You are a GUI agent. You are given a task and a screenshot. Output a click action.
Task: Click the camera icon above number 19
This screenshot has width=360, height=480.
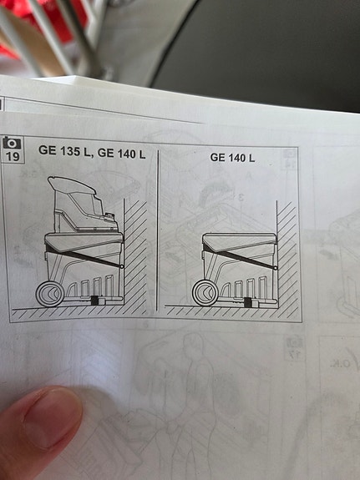point(13,143)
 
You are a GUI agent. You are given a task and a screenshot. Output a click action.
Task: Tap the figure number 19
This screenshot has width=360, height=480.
point(13,156)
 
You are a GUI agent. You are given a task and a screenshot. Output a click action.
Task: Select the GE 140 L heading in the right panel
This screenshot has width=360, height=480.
point(232,158)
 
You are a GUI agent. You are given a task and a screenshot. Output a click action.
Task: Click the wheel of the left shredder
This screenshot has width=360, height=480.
point(50,294)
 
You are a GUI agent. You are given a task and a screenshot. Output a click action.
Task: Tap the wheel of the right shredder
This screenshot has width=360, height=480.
point(205,293)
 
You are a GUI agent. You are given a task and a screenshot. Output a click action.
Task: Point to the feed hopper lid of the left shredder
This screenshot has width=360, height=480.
point(71,185)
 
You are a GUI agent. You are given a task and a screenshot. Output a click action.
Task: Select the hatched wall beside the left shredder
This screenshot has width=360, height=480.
point(134,257)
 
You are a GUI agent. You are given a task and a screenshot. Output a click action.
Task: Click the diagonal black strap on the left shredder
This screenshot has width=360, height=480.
point(84,255)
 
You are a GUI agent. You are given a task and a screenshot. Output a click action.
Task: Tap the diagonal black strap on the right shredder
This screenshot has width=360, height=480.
point(239,256)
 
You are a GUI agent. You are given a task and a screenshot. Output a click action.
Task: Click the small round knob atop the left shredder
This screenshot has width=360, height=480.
point(108,217)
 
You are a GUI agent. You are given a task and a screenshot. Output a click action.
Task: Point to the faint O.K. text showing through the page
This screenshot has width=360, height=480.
point(340,364)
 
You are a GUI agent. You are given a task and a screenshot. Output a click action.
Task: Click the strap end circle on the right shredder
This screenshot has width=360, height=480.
point(275,268)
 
